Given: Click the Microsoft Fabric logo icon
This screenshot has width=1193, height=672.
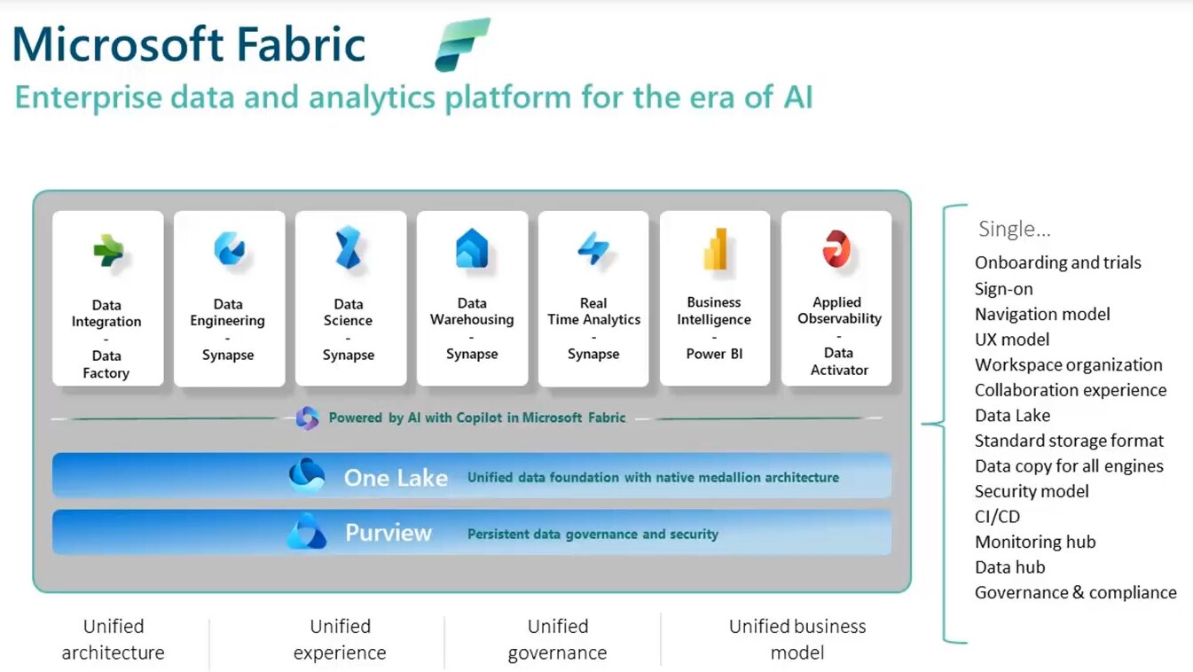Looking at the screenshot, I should tap(462, 43).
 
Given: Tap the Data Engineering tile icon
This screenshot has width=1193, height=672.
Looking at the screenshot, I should tap(229, 249).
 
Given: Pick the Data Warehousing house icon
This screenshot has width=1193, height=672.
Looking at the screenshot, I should tap(472, 248).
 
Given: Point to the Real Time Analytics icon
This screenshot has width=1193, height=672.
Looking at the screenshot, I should tap(593, 248).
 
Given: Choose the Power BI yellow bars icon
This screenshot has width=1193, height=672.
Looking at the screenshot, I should tap(715, 248).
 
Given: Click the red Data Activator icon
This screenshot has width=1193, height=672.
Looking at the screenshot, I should tap(836, 248).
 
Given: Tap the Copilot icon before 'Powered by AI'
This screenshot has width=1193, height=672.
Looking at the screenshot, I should tap(307, 418).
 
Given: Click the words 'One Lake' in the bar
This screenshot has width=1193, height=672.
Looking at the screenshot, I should tap(396, 478).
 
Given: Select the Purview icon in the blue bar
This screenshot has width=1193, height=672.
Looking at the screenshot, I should tap(307, 532).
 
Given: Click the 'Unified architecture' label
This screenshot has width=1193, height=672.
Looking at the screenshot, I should tap(113, 639).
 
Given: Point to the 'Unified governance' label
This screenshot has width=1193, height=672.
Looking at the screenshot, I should tap(557, 639).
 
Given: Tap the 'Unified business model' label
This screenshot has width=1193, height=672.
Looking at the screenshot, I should tap(797, 639).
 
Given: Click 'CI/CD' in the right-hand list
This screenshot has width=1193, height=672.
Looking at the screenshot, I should tap(997, 516).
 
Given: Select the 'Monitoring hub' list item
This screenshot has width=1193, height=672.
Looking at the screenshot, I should tap(1035, 542).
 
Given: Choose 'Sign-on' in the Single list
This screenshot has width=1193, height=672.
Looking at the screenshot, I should tap(1003, 288).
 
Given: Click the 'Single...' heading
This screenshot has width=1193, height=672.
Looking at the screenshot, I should tap(1014, 229).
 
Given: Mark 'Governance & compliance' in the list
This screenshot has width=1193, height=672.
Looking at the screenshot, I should tap(1075, 592).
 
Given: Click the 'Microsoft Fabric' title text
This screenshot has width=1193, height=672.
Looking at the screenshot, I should tap(189, 43).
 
